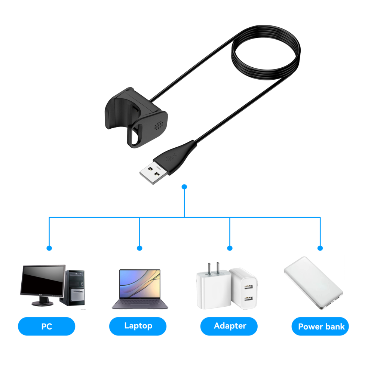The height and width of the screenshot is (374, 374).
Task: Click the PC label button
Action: (46, 326)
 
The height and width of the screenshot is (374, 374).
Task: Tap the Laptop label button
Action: (138, 326)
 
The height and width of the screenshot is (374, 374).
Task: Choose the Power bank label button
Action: (320, 326)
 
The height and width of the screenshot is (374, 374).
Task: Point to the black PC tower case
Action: (77, 287)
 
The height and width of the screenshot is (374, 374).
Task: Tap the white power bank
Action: (313, 282)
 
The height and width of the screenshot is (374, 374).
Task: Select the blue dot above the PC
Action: (49, 248)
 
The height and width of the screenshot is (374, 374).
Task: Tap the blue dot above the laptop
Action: (140, 248)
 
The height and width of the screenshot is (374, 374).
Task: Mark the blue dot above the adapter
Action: (230, 248)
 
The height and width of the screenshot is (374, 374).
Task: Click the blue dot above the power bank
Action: (320, 248)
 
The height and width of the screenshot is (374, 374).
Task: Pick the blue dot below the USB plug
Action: (184, 186)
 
